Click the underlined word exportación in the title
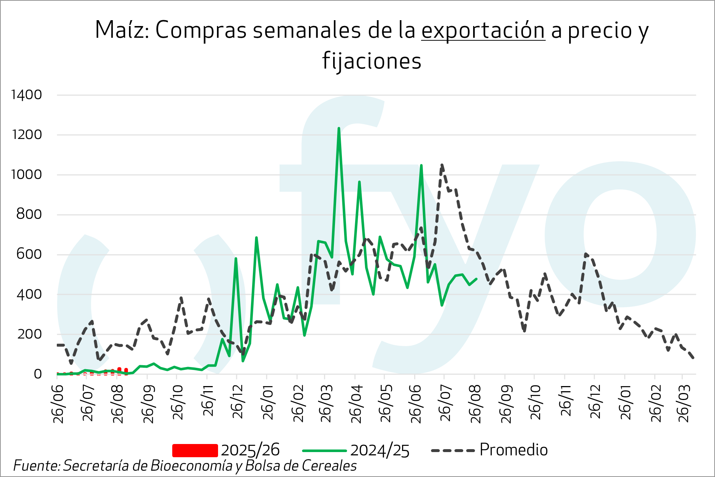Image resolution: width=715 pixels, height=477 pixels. coord(483,30)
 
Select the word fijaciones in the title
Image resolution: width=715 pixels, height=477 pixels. coord(372,61)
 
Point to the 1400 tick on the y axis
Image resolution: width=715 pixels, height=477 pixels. coord(26,95)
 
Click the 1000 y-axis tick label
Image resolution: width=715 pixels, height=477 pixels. coord(26,175)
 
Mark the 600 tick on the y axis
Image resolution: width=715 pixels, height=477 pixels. coord(29,254)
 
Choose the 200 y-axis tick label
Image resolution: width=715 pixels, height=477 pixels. coord(29,334)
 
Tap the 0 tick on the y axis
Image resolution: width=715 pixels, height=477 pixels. coord(38,374)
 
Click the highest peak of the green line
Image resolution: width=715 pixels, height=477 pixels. coord(339,128)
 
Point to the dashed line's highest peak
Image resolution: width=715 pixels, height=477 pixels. coord(442,165)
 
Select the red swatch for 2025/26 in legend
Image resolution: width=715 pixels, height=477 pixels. coord(195,450)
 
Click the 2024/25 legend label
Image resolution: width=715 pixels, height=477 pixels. coord(380,450)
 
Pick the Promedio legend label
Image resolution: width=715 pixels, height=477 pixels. coord(513,450)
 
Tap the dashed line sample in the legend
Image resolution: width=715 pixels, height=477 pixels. coord(453,450)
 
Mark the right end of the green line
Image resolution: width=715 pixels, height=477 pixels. coord(476,279)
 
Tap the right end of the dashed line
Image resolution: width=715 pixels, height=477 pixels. coord(693,358)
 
